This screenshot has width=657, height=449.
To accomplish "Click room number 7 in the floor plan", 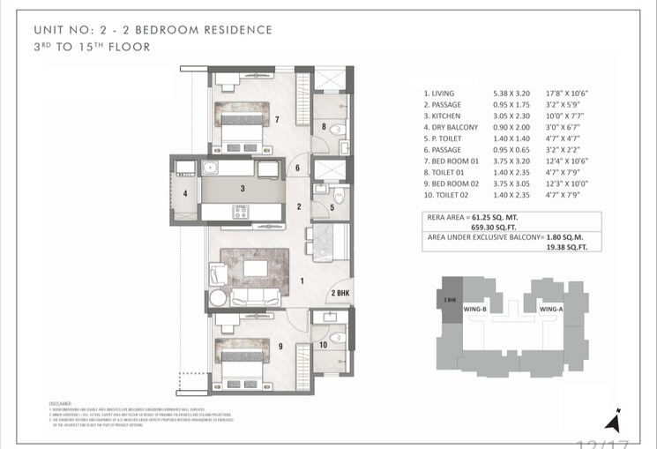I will click(x=277, y=119).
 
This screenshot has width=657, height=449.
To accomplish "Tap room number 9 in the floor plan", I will click(x=280, y=346).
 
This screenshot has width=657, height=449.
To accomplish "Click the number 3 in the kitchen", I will click(x=242, y=188).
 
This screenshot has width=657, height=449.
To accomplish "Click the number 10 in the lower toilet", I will click(x=324, y=344).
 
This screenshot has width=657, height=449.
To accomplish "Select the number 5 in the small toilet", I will click(x=331, y=208).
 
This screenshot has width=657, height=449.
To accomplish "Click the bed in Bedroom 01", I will click(x=239, y=123).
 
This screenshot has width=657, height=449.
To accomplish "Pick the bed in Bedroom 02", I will click(x=239, y=352).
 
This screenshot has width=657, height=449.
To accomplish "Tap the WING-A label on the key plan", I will click(x=552, y=309).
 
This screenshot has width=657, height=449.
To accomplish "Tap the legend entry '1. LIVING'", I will click(x=442, y=93).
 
